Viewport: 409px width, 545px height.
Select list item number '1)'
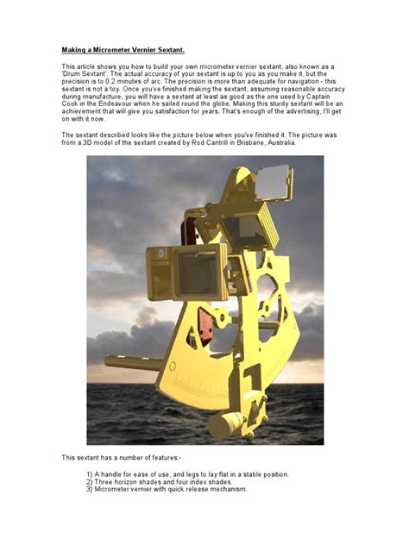coord(90,475)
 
